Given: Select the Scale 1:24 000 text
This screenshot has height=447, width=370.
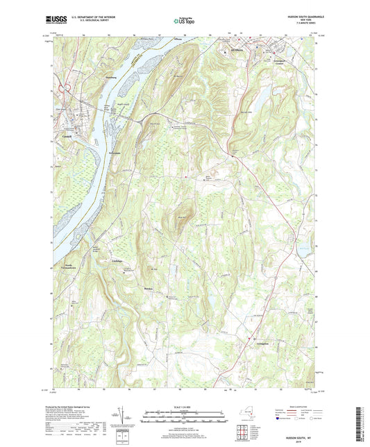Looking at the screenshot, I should coord(185,405).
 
